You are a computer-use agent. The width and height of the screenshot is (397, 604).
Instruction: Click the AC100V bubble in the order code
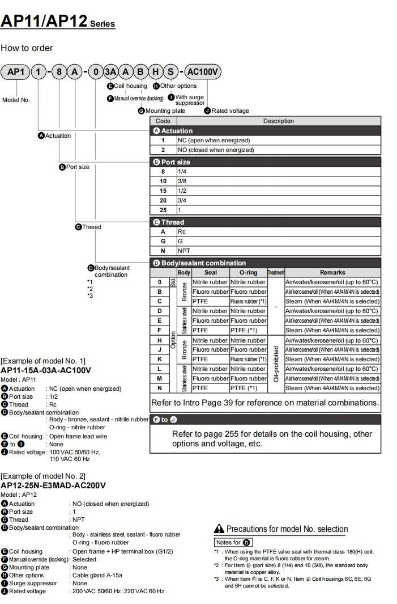pos(203,72)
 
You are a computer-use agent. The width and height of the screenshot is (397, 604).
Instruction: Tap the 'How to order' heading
pos(27,48)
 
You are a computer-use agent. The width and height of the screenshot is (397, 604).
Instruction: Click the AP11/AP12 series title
pos(57,22)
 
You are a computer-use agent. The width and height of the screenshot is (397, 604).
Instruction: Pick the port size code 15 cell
pos(163,191)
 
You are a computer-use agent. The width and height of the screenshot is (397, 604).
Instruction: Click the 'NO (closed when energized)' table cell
pos(215,150)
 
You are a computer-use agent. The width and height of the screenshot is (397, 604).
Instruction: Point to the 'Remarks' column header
pos(332,272)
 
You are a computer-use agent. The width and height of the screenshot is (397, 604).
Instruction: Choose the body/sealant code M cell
pos(159,378)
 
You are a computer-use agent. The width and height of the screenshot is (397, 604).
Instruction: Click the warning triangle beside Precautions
pos(219,529)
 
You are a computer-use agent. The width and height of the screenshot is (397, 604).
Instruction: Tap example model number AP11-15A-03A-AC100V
pos(46,370)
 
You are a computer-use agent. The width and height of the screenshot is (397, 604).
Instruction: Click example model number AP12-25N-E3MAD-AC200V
pos(53,485)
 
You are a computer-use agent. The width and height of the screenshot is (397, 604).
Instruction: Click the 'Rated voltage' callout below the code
pos(229,111)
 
